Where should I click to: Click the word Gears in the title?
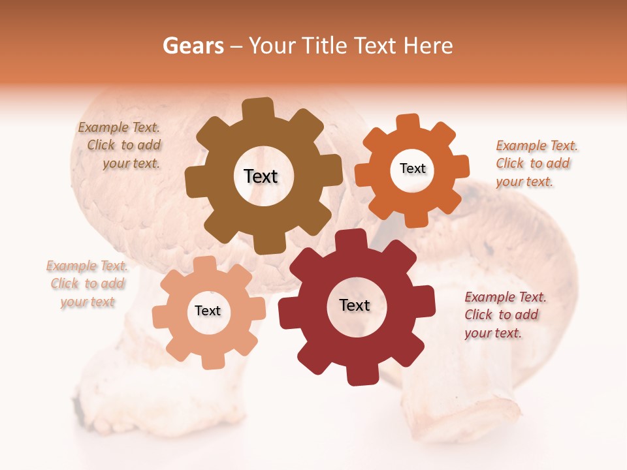193,46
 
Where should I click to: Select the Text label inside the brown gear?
261,176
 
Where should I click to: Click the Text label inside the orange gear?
412,168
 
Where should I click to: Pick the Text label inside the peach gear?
208,311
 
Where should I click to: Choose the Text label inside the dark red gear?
355,305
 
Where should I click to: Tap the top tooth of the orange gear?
407,123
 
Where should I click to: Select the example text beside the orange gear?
536,163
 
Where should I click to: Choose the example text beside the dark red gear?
504,315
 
